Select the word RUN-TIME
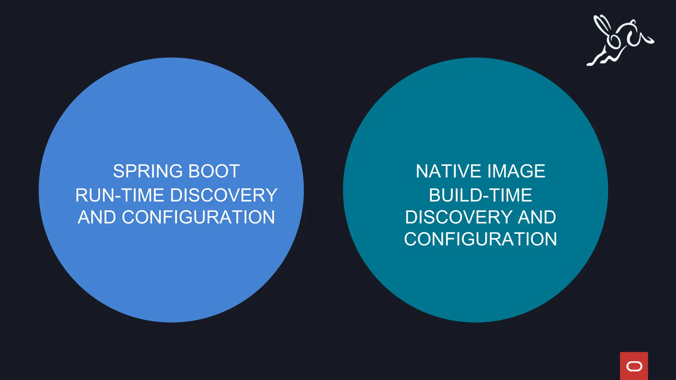point(120,195)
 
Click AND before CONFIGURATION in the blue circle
point(97,217)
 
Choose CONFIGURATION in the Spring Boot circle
point(198,217)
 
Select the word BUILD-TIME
point(480,195)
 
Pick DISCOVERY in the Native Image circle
point(459,217)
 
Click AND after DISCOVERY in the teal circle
point(537,217)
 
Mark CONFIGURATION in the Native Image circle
point(480,239)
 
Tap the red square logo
point(634,366)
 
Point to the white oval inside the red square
point(634,366)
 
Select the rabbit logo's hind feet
point(594,61)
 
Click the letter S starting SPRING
point(118,171)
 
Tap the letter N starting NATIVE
point(422,171)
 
